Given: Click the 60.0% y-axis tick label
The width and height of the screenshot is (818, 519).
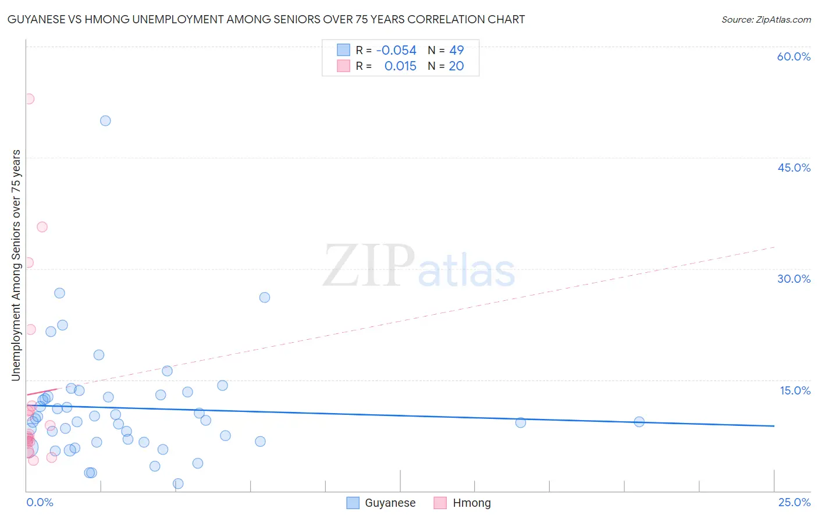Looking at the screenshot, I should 794,56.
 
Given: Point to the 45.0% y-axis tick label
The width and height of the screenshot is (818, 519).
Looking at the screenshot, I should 794,168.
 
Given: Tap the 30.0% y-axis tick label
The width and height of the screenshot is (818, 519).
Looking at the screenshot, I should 794,279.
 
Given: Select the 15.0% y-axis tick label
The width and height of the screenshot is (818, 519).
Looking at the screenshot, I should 795,390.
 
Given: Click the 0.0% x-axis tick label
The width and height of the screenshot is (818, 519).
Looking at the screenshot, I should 40,502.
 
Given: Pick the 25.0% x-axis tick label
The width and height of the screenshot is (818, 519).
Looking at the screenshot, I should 794,502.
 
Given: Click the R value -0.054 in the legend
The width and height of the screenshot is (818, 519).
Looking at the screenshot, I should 396,51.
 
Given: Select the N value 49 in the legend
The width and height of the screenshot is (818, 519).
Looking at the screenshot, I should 456,51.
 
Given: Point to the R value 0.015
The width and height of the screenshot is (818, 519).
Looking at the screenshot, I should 400,66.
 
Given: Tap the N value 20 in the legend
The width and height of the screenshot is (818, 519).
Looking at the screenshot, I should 456,66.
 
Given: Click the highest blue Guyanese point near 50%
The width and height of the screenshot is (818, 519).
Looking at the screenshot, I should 105,121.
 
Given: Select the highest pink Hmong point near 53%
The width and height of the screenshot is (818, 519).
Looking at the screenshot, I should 29,99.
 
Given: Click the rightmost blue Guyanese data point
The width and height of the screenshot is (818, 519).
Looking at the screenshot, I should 639,422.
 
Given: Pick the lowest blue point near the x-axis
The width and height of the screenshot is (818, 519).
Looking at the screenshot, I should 178,484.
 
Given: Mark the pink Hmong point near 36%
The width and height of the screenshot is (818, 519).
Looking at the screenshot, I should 42,227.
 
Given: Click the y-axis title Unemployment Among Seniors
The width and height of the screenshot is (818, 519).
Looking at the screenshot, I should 16,265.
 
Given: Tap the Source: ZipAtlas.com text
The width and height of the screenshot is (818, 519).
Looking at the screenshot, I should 766,20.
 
